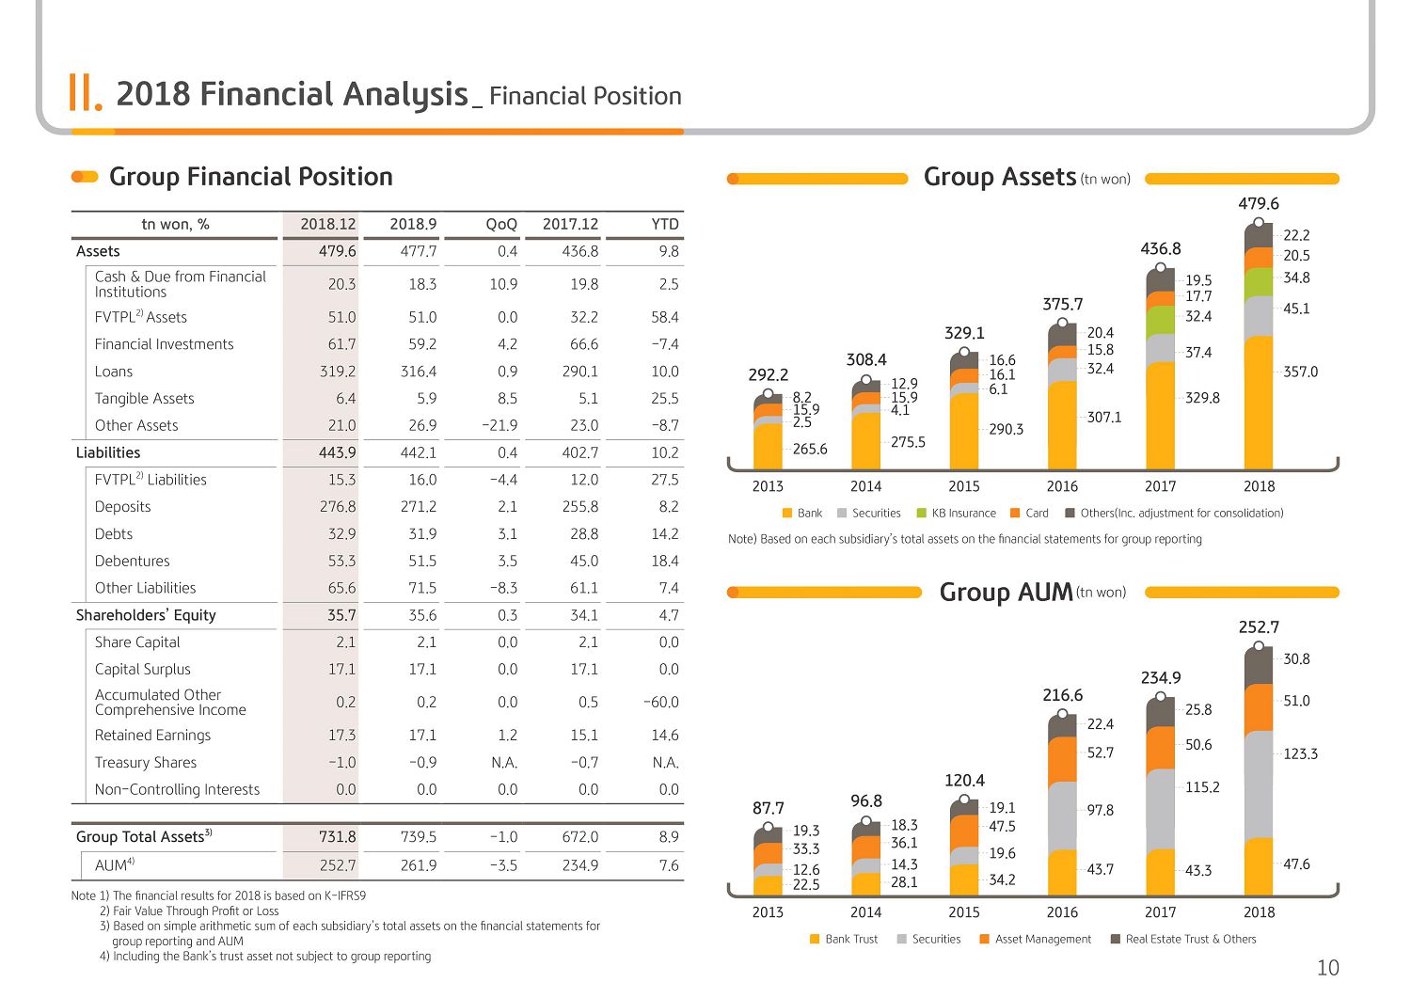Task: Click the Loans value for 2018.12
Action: click(338, 372)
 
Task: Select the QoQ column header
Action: click(501, 224)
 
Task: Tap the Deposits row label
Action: click(123, 507)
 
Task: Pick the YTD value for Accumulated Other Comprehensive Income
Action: click(660, 702)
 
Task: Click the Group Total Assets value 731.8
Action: click(338, 837)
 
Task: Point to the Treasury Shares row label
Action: click(146, 762)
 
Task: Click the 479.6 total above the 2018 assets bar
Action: click(1259, 203)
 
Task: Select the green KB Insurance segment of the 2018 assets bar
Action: click(1259, 281)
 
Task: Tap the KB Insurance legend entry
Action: click(957, 513)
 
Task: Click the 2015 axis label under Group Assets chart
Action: click(964, 486)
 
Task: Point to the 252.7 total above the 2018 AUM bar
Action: click(1259, 626)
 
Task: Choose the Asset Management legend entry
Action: click(1037, 939)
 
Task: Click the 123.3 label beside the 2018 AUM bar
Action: click(1300, 753)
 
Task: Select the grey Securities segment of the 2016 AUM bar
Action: click(1062, 816)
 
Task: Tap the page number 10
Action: click(1328, 968)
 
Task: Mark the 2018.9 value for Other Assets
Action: click(422, 426)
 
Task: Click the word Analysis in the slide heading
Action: click(405, 94)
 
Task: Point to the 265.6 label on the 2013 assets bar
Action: click(809, 450)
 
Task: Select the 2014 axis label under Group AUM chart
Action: click(865, 912)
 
